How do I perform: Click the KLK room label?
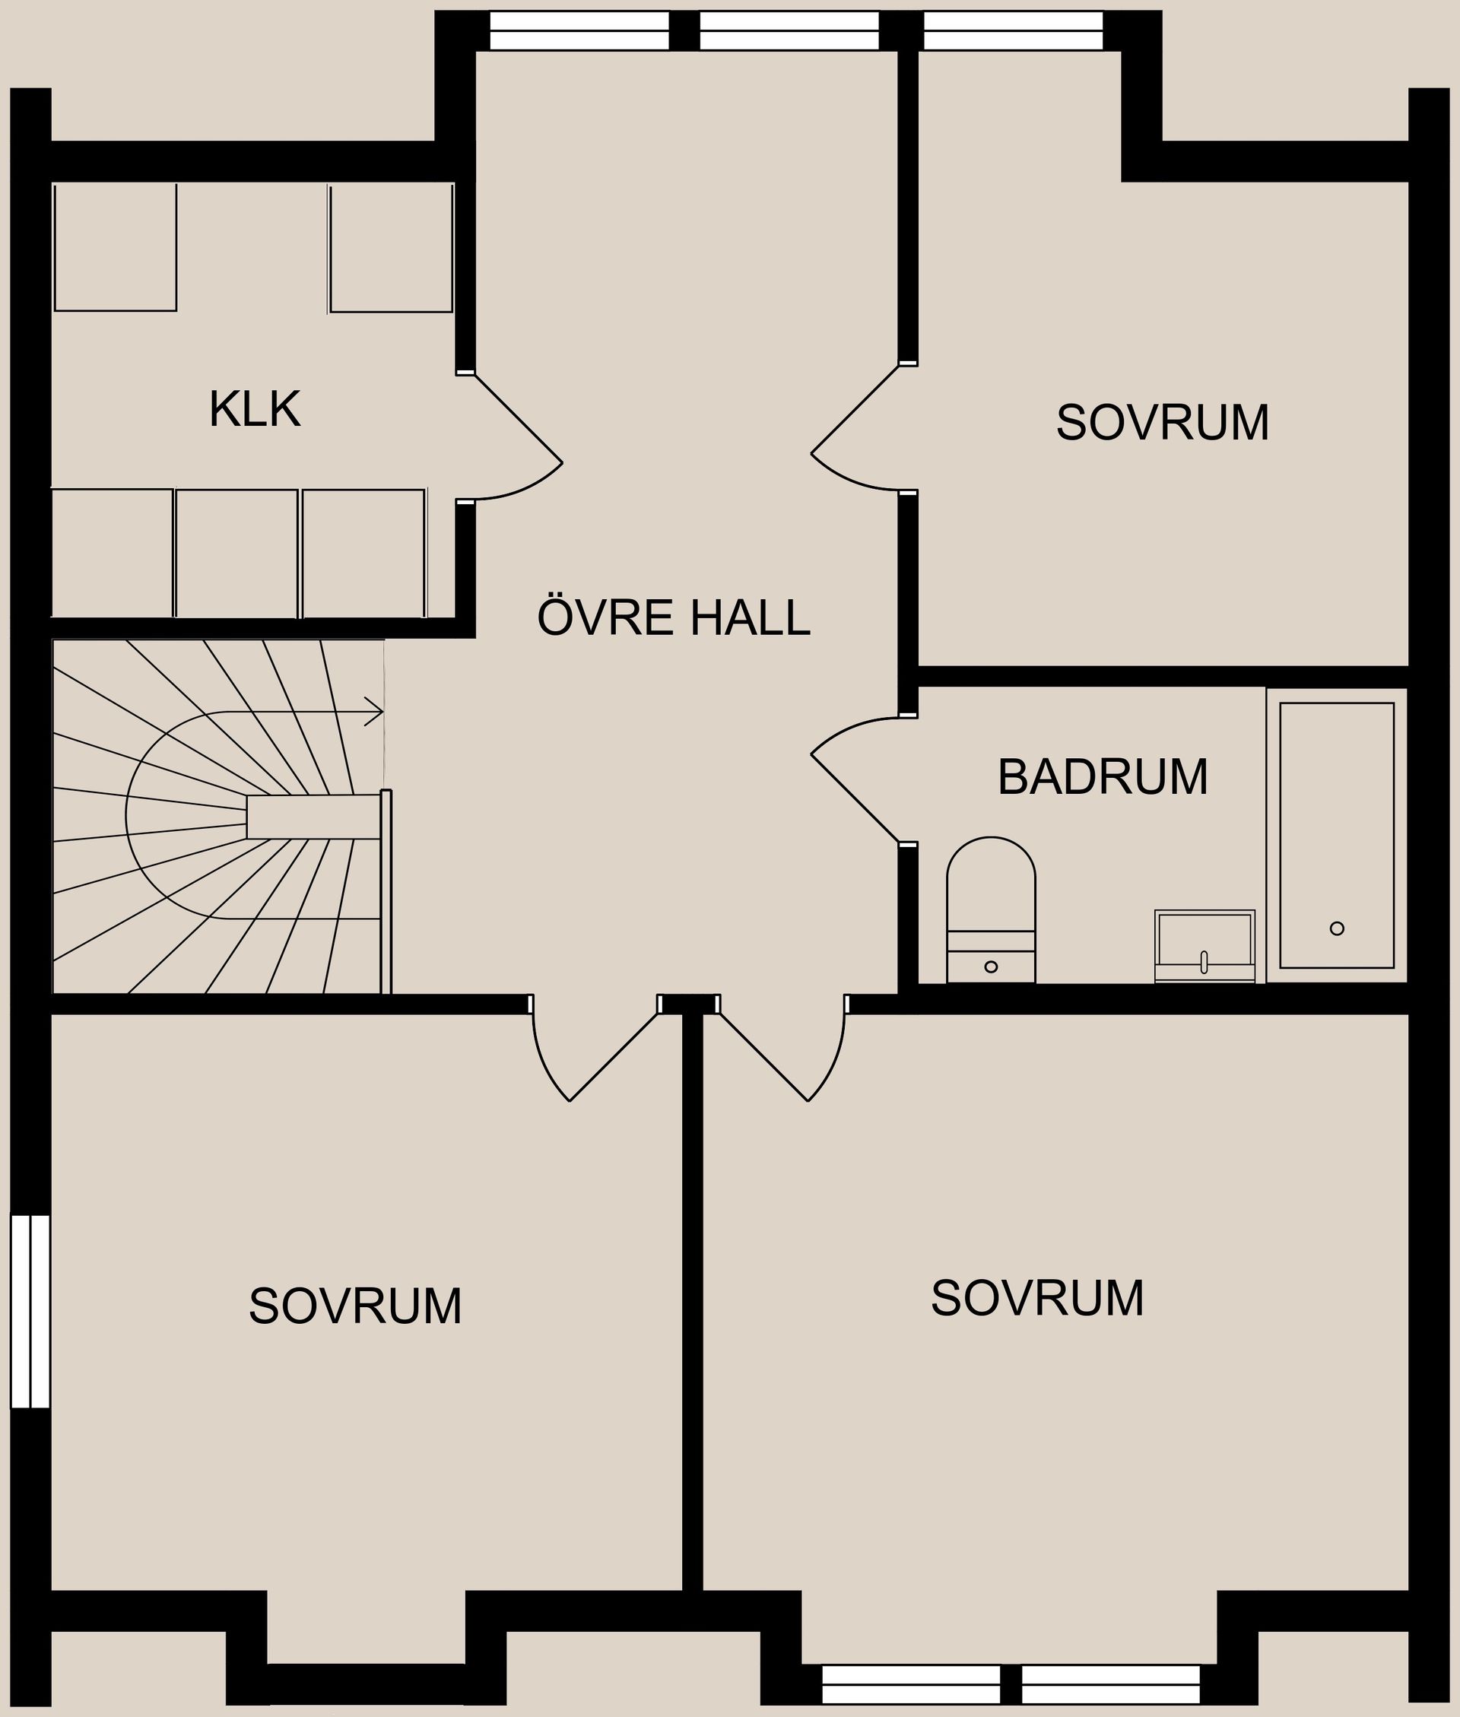click(254, 410)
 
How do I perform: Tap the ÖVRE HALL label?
click(673, 618)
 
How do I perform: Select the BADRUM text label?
click(1102, 778)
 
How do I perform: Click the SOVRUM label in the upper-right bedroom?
click(1162, 424)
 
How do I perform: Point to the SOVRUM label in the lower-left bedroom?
click(355, 1306)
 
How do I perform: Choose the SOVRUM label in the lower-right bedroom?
click(1037, 1298)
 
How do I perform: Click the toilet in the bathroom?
click(991, 902)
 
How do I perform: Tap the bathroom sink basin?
click(1204, 939)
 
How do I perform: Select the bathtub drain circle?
click(1337, 928)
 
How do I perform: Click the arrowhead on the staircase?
click(375, 712)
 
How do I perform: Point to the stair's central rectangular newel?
click(312, 817)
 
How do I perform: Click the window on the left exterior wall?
click(30, 1311)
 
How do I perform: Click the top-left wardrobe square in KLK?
click(115, 247)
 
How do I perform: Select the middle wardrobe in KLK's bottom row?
click(236, 553)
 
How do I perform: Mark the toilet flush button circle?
click(991, 966)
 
